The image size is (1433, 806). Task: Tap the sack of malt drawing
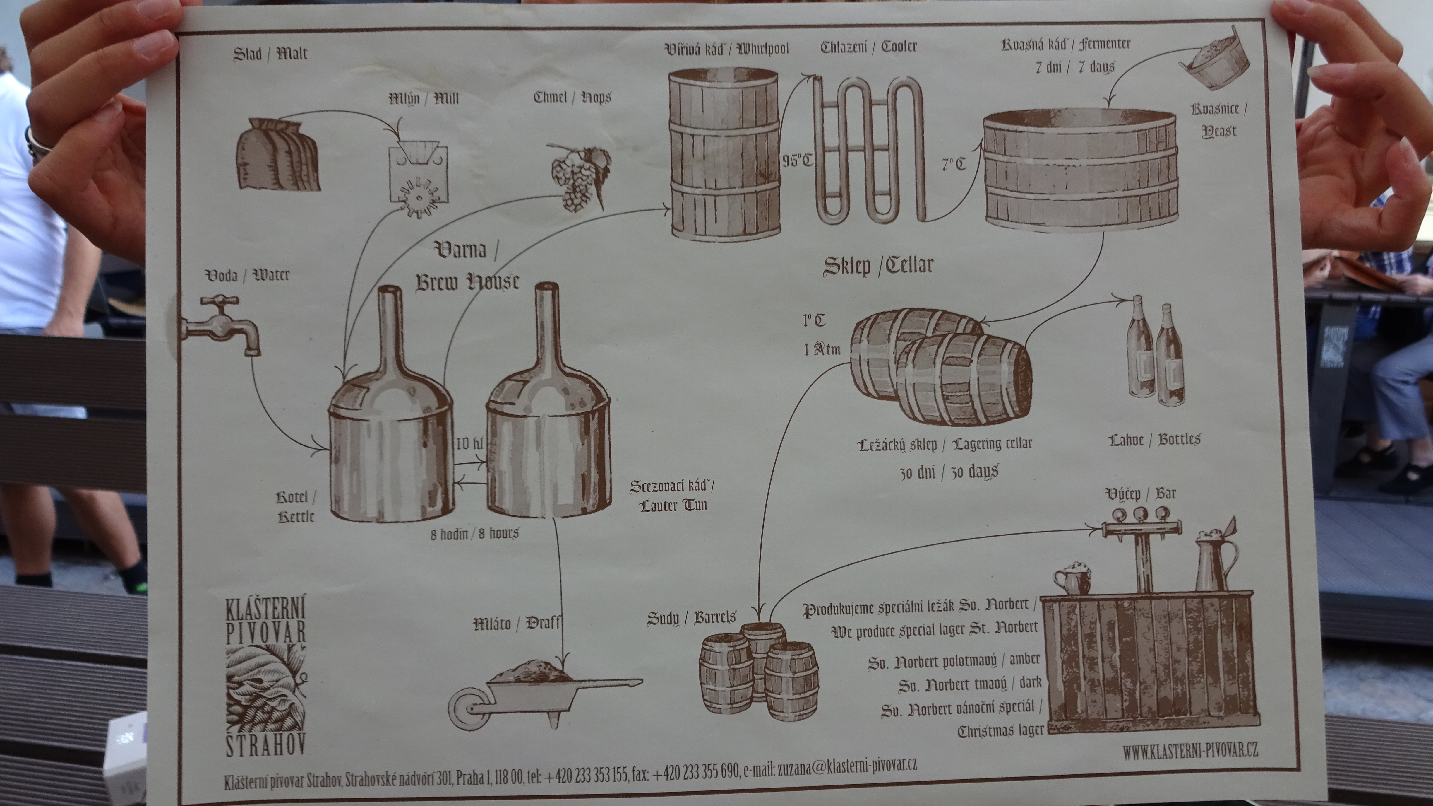pos(278,155)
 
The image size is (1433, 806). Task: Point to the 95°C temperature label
pos(797,160)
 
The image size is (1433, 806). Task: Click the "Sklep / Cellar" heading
pos(878,266)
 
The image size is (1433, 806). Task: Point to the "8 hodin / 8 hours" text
pos(474,533)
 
